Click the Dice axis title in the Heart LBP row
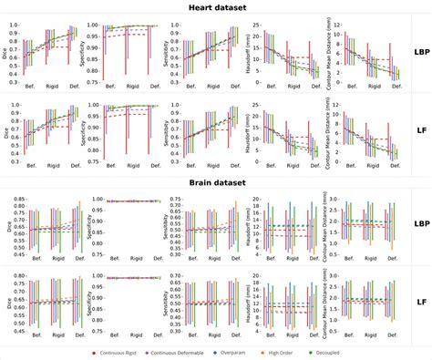(x=6, y=50)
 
